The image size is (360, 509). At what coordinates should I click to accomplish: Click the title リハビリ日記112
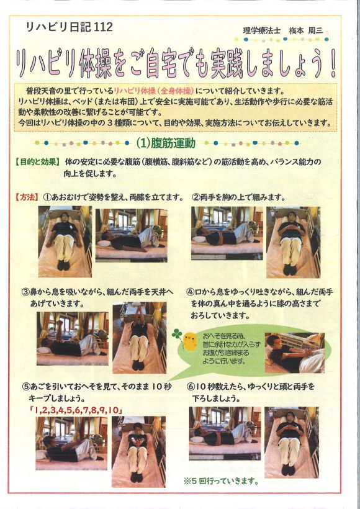pos(69,27)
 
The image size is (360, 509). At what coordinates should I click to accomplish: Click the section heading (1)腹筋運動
pos(166,143)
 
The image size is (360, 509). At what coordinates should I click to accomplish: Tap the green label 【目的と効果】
pos(37,161)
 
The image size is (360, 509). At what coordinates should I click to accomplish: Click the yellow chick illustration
pos(189,340)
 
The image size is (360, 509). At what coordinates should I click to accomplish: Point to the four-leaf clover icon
pos(178,335)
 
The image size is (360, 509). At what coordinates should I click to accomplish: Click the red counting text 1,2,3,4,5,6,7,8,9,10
pos(76,410)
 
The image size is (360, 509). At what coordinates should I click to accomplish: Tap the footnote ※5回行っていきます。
pos(221,481)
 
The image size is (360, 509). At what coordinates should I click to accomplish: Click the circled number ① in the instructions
pos(47,197)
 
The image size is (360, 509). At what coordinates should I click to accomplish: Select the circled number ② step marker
pos(196,197)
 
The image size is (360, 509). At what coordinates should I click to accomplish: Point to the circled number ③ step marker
pos(26,292)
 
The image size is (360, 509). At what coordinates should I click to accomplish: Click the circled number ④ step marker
pos(190,292)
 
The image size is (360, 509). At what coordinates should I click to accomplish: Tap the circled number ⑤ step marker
pos(26,387)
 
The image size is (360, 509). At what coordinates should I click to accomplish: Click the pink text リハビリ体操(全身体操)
pos(154,91)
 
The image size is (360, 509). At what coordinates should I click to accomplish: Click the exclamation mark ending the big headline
pos(333,63)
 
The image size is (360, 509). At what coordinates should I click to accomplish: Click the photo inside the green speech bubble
pos(294,353)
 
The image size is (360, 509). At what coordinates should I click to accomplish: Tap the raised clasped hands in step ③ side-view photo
pos(60,323)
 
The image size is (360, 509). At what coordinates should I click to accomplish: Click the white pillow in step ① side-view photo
pos(104,243)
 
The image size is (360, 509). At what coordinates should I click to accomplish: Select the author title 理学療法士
pos(262,30)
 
